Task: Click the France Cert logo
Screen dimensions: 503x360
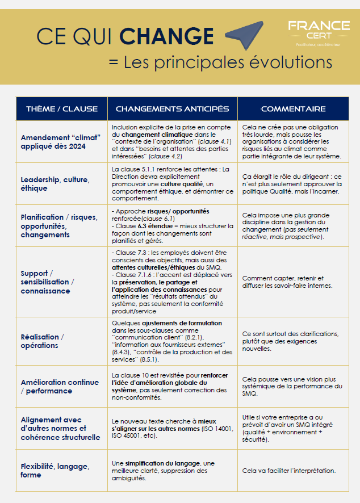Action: pyautogui.click(x=319, y=33)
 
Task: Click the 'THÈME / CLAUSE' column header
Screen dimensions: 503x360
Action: pyautogui.click(x=61, y=108)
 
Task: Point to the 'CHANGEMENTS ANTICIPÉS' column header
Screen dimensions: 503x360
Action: pyautogui.click(x=172, y=108)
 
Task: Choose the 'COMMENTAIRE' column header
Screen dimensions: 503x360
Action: pyautogui.click(x=292, y=108)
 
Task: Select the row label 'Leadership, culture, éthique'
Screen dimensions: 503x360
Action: pyautogui.click(x=55, y=184)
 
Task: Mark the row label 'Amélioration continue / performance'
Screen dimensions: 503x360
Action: pyautogui.click(x=60, y=387)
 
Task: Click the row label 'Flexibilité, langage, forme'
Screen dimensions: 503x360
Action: pyautogui.click(x=55, y=471)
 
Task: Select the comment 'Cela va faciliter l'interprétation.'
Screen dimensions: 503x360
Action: pyautogui.click(x=288, y=471)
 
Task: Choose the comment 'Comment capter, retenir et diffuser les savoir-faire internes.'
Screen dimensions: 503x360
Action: pyautogui.click(x=287, y=282)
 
